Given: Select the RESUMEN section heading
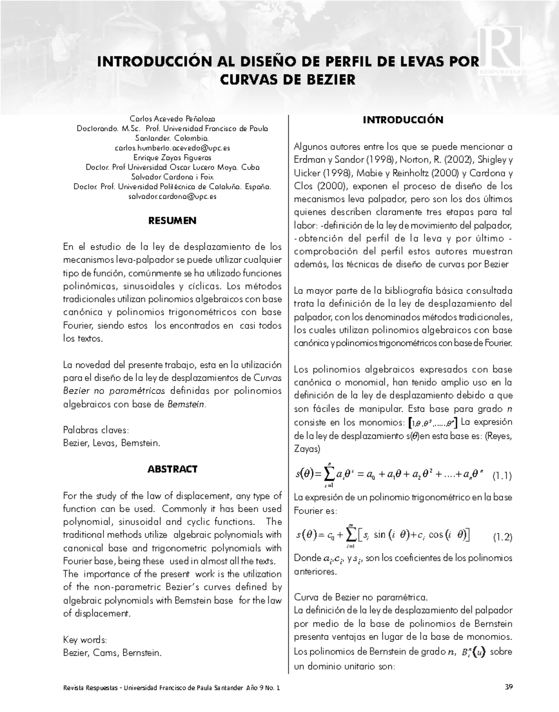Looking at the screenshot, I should click(x=172, y=221).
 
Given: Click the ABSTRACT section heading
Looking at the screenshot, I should click(x=172, y=469).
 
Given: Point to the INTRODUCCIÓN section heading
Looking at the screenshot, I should click(x=403, y=120).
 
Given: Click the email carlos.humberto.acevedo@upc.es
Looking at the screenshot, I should click(x=172, y=148).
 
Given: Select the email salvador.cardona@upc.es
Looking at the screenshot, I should click(x=172, y=197).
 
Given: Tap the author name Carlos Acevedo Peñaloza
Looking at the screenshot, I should click(x=172, y=119).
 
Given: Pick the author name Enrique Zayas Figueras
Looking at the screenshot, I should click(x=172, y=158).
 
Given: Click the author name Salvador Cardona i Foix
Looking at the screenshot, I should click(x=172, y=177).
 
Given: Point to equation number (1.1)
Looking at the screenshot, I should click(x=502, y=476).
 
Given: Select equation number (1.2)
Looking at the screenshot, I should click(x=502, y=537).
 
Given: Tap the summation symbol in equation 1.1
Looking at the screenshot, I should click(x=329, y=474).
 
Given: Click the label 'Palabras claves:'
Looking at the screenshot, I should click(x=95, y=430).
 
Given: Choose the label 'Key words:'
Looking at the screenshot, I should click(x=85, y=640).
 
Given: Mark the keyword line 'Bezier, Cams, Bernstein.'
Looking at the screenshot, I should click(x=112, y=653).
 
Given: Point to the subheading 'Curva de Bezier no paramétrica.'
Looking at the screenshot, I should click(x=361, y=597).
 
